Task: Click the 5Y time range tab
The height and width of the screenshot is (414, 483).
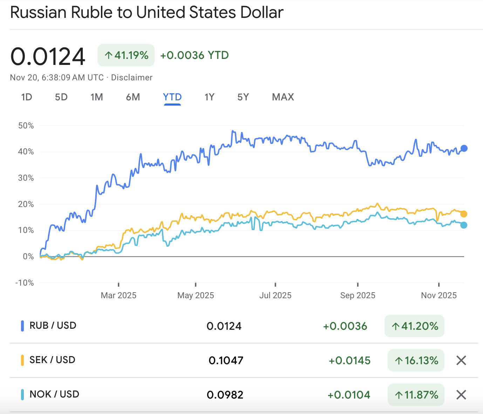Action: (243, 97)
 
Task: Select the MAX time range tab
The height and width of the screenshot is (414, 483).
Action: (283, 97)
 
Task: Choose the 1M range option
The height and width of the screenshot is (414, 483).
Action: (97, 97)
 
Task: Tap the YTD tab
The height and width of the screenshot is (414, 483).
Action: (172, 97)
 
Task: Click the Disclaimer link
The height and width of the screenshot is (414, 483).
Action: (132, 78)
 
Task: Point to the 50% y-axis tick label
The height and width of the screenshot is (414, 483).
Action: (26, 126)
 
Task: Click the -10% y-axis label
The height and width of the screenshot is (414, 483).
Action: (25, 283)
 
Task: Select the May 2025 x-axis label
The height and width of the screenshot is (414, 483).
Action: (196, 295)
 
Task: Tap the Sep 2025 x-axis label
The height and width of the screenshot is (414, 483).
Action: (358, 295)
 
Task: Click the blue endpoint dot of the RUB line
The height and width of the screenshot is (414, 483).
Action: (464, 148)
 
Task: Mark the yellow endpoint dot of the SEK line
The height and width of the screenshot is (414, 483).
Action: (464, 214)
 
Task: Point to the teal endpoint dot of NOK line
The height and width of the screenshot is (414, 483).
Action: (464, 225)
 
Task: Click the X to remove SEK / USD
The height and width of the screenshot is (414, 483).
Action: (461, 360)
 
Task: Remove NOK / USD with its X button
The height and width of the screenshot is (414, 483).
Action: (461, 395)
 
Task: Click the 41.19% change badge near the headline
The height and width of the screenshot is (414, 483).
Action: (126, 55)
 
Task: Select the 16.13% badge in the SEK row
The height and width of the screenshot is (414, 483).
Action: (416, 360)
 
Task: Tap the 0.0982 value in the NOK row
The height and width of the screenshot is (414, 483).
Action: (225, 395)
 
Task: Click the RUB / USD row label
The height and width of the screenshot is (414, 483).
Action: (53, 326)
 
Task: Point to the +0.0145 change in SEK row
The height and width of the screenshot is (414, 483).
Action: (349, 360)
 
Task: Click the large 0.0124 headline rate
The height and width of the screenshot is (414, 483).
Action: (48, 56)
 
